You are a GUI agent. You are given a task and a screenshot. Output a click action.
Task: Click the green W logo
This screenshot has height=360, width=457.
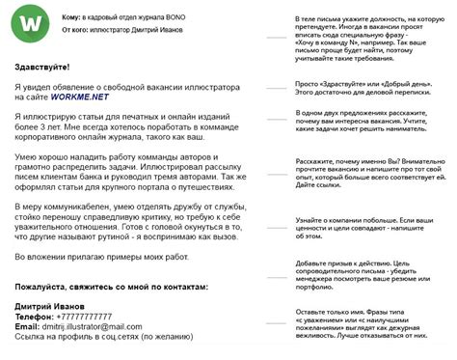point(36,21)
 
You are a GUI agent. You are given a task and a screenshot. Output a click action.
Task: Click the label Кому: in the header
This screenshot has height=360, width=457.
point(73,16)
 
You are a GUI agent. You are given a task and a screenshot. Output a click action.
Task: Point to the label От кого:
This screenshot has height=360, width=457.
point(77,30)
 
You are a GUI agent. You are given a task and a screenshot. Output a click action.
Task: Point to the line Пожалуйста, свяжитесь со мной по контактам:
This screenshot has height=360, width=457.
point(111,287)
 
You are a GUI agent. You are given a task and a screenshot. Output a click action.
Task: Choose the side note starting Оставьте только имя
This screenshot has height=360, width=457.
point(368,326)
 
